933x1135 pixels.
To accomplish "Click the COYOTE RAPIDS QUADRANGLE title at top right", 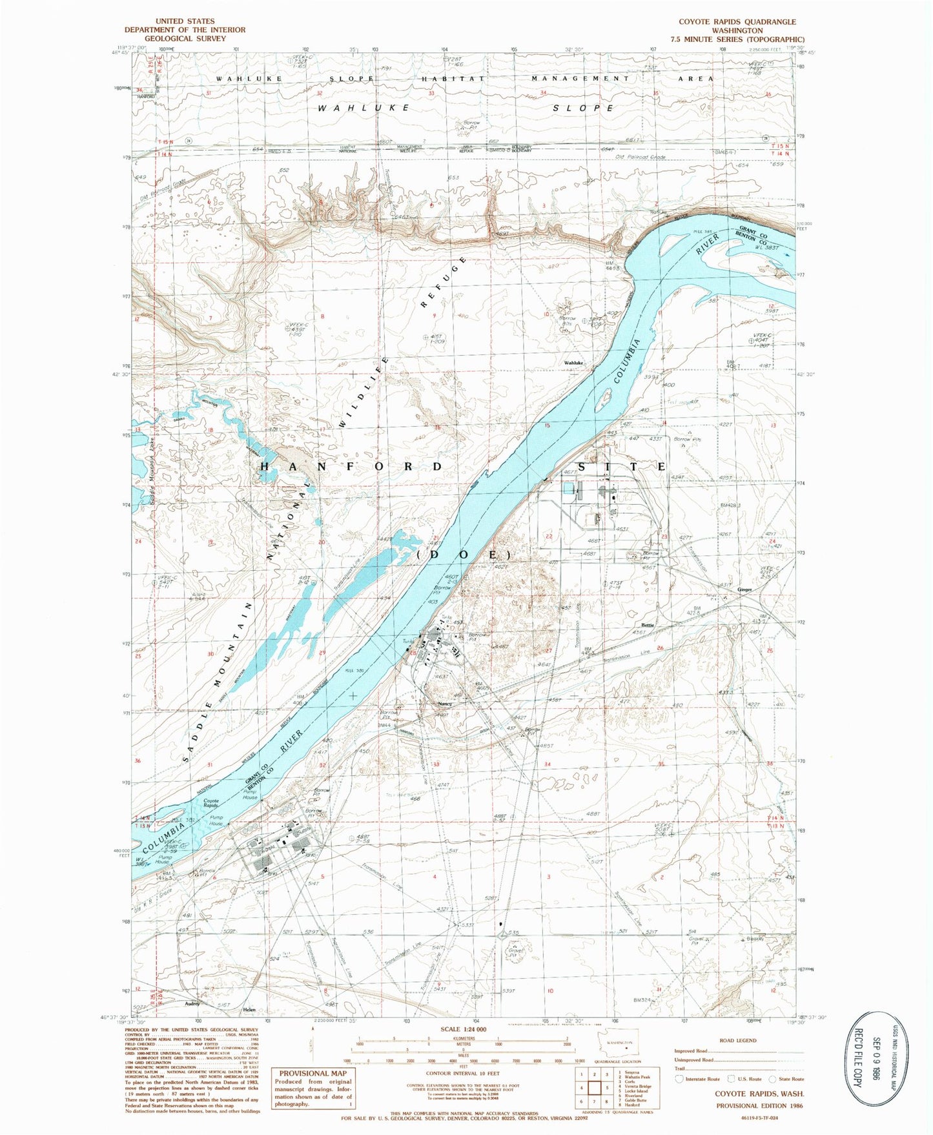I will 737,21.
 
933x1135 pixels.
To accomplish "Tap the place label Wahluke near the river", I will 573,363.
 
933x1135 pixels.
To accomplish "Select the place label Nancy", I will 444,704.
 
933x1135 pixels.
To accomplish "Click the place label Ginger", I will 744,589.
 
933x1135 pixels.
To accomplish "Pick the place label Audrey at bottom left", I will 192,1004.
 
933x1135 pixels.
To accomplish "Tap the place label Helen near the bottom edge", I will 249,1010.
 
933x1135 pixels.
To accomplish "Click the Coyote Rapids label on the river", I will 211,803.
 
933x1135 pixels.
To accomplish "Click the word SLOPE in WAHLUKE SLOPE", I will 583,108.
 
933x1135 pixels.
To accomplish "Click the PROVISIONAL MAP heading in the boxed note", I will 313,1074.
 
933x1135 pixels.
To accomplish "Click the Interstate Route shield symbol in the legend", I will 679,1079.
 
